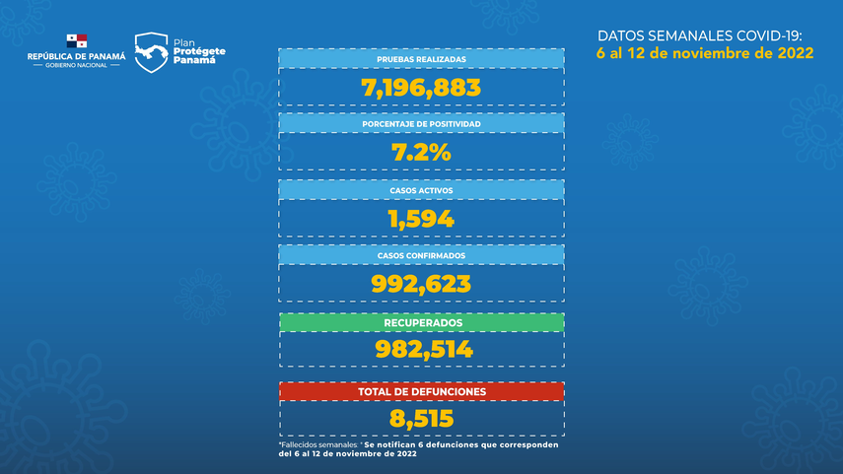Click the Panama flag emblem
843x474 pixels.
click(76, 41)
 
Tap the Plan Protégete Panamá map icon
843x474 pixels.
click(151, 52)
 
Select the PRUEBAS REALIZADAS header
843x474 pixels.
click(421, 59)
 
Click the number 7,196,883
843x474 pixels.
click(421, 88)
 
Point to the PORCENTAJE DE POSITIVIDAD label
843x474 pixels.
click(421, 124)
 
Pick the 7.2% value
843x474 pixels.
click(421, 153)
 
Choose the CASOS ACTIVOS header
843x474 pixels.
click(421, 189)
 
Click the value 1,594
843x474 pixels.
click(421, 218)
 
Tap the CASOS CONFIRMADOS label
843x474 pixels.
click(421, 255)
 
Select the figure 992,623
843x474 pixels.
click(421, 284)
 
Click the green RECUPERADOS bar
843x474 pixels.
click(421, 322)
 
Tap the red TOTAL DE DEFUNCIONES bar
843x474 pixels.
click(421, 391)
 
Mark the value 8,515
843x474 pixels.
click(421, 419)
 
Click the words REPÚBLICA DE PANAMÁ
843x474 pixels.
click(77, 57)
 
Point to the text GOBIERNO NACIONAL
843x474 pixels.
click(77, 66)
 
